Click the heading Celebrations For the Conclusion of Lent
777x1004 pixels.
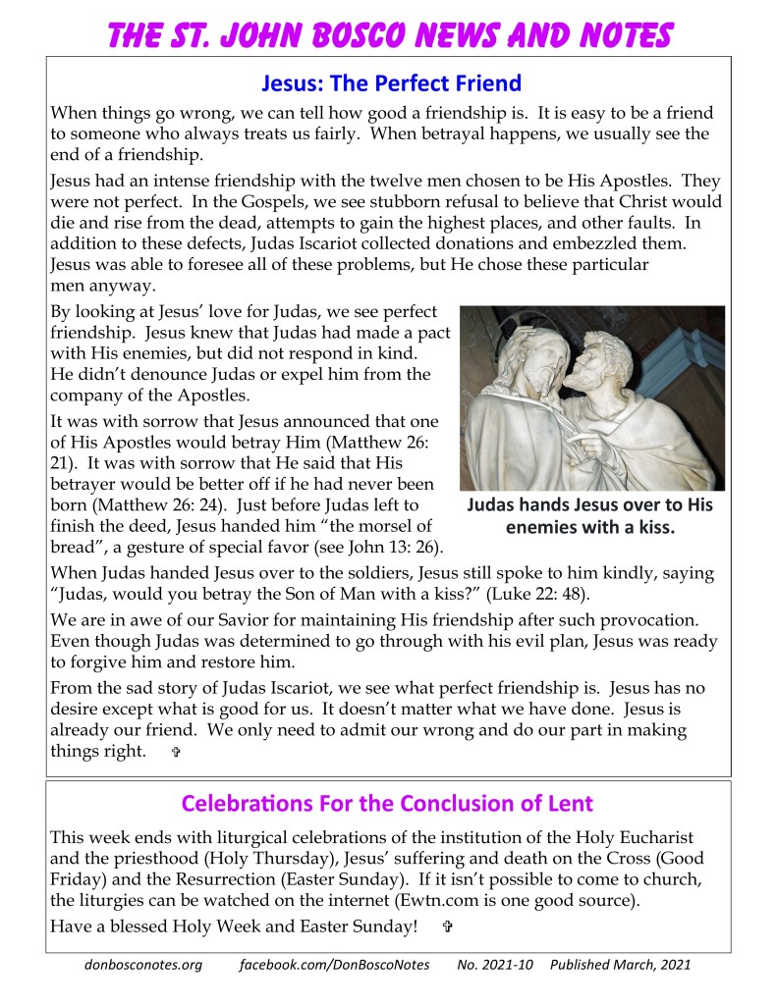[388, 804]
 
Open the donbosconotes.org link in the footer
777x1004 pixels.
[142, 964]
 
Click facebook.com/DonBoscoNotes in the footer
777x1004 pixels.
[334, 964]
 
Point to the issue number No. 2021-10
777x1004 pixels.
[495, 964]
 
